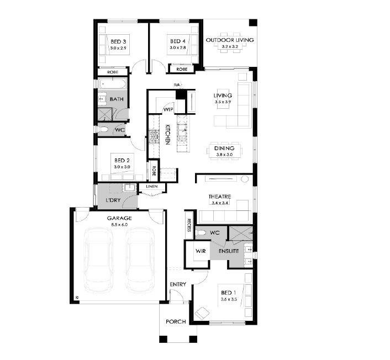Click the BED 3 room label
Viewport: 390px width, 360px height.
pos(118,41)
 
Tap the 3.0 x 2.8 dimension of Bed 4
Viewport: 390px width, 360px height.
pos(177,47)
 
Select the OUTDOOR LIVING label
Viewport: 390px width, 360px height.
pos(230,40)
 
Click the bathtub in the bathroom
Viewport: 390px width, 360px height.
pos(113,83)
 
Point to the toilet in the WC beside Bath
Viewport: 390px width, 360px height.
pos(103,129)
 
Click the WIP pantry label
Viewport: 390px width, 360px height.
pos(168,109)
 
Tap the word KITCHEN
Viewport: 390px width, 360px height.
pos(167,135)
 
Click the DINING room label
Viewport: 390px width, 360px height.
pos(224,148)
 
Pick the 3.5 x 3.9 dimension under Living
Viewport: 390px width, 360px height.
pos(223,102)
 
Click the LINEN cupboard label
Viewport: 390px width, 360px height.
pos(152,186)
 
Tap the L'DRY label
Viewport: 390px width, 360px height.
pos(113,200)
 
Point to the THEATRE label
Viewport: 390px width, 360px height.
pos(220,197)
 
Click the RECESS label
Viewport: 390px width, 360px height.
pos(189,225)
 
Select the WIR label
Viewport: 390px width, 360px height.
pos(201,251)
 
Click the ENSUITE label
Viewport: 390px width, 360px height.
pos(229,251)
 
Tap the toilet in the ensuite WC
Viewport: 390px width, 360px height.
pos(201,233)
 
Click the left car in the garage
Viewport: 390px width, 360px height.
pos(98,260)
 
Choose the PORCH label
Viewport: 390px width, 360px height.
pos(176,321)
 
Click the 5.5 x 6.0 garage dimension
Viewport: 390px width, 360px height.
pos(119,225)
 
